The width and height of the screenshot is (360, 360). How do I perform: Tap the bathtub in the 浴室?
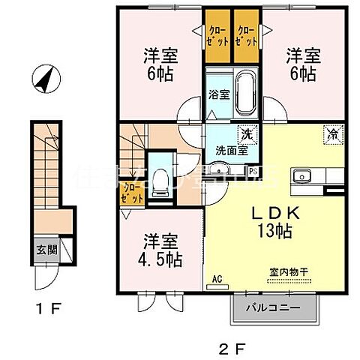pos(246,93)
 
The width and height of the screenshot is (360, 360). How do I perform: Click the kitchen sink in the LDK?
pos(304,176)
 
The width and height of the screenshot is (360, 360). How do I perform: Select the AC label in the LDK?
pos(217,279)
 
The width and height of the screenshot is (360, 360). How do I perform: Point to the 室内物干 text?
pos(289,274)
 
